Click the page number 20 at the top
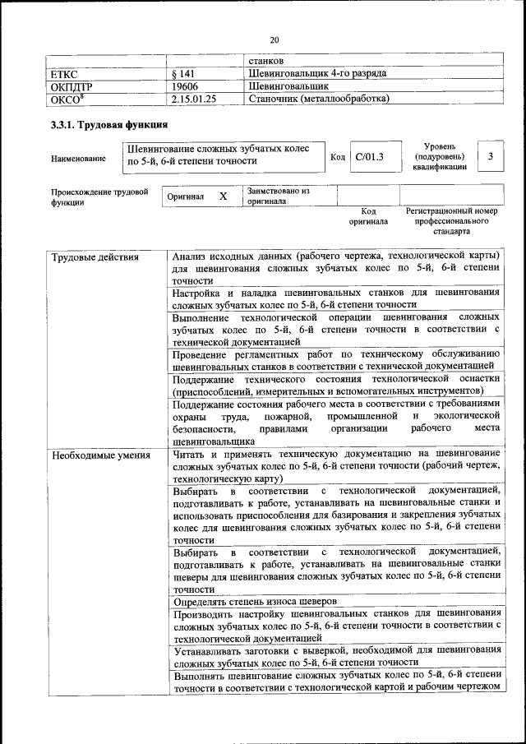[x=275, y=39]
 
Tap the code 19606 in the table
[x=186, y=86]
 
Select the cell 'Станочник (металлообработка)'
[x=318, y=99]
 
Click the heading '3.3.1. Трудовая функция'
[x=110, y=126]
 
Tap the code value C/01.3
[x=370, y=156]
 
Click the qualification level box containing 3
[x=491, y=156]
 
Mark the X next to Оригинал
[x=223, y=197]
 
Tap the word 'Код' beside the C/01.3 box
[x=337, y=156]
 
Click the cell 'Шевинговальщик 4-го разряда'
[x=316, y=74]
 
